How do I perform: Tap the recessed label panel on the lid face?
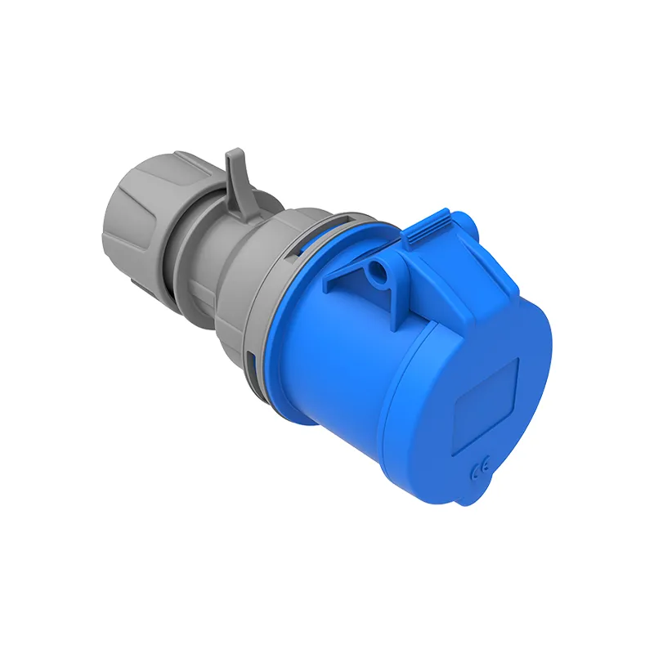tap(486, 406)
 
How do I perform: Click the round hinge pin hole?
tap(379, 269)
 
